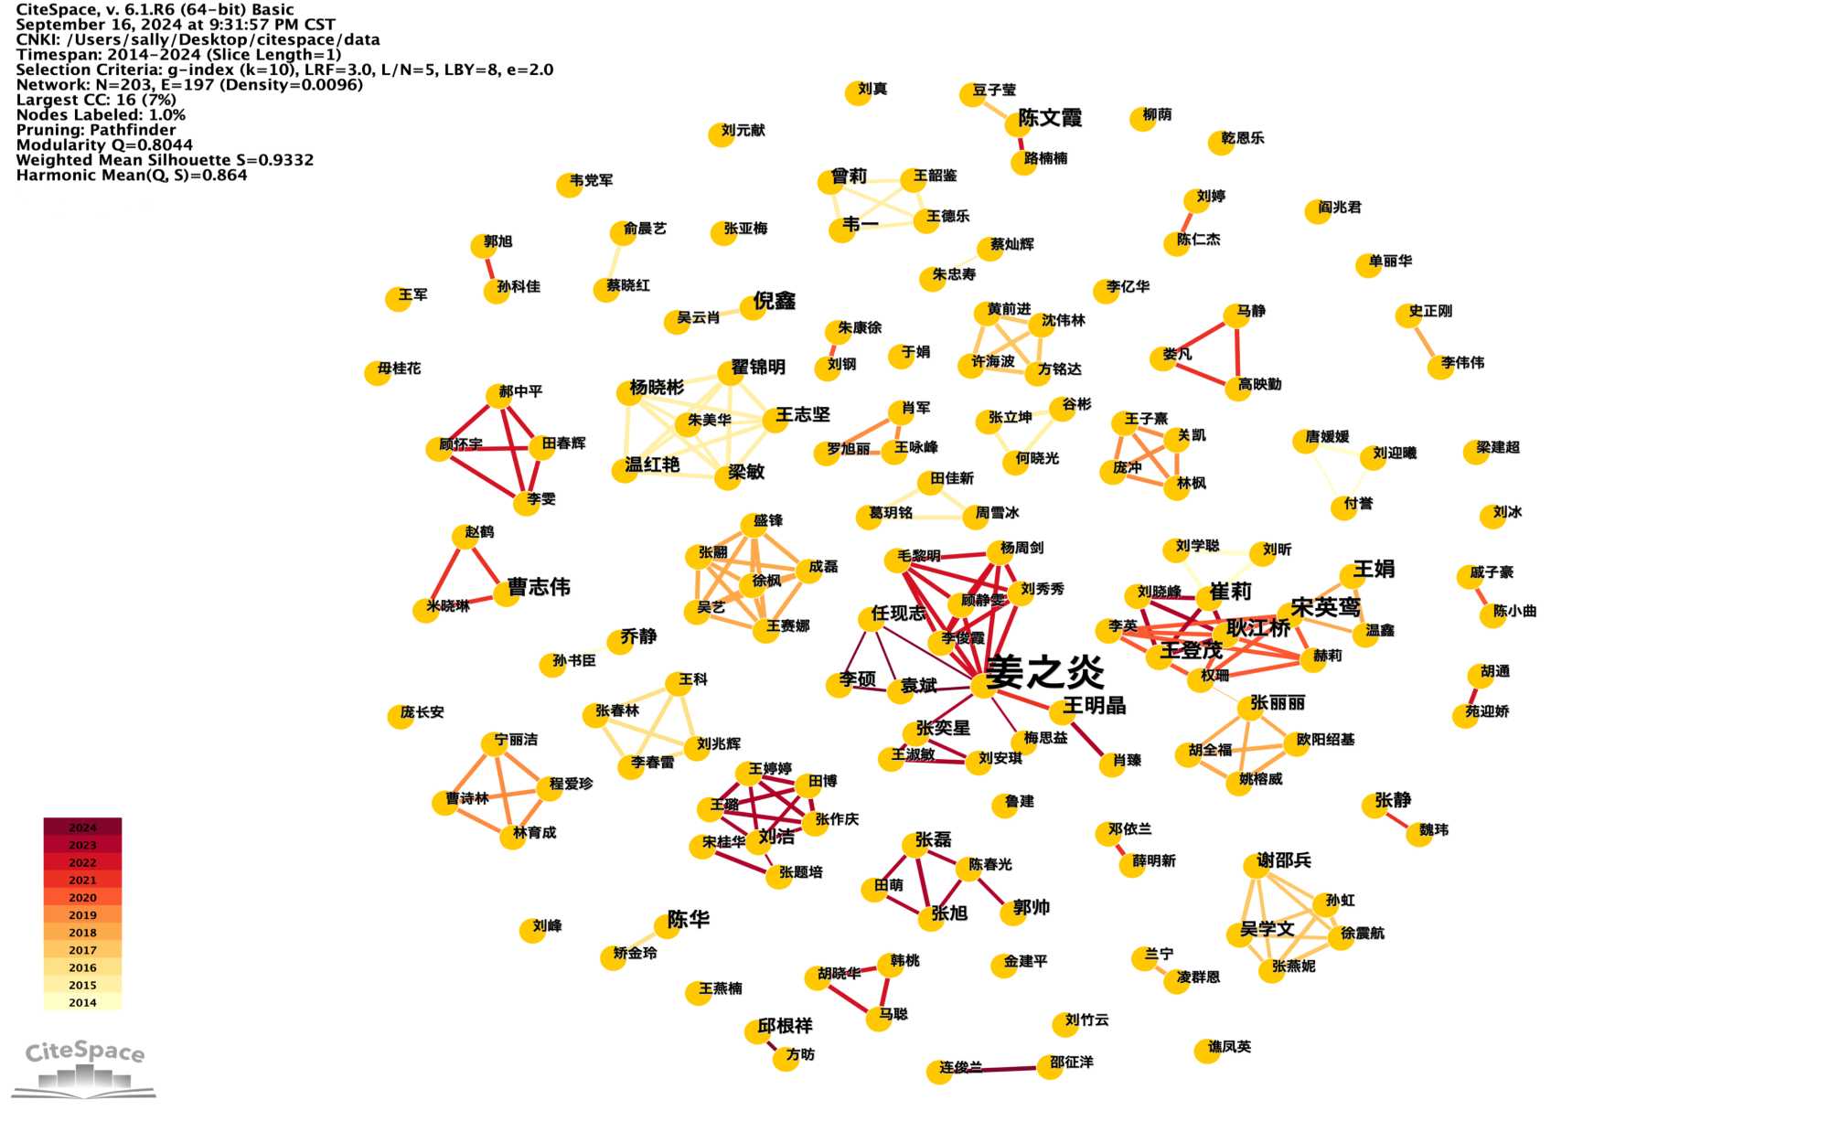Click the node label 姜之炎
click(1045, 672)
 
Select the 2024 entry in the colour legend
click(82, 827)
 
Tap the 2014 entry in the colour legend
click(82, 1002)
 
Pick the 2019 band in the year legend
click(82, 914)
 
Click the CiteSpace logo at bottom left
click(84, 1066)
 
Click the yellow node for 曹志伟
click(507, 593)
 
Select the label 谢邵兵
click(1284, 860)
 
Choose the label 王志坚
click(803, 415)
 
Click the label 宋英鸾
click(1325, 607)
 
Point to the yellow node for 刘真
click(857, 93)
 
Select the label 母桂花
click(400, 368)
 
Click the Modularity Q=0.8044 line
click(104, 144)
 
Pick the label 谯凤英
click(1229, 1046)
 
